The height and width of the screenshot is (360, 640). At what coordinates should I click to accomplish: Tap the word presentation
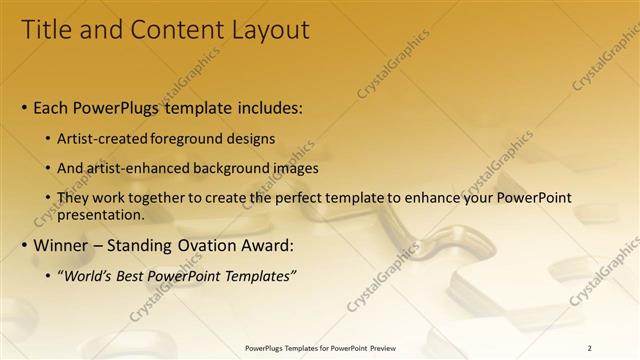103,214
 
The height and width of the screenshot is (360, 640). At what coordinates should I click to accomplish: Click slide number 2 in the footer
589,348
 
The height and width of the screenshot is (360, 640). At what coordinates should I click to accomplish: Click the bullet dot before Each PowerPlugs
24,106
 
